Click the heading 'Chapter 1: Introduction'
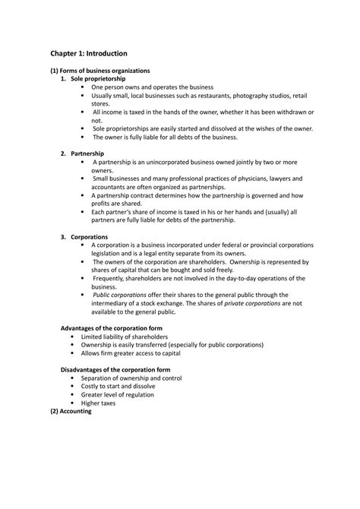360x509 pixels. pyautogui.click(x=89, y=54)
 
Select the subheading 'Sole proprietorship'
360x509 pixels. pyautogui.click(x=98, y=79)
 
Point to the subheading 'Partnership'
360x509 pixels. pyautogui.click(x=89, y=153)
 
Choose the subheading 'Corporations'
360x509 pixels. pyautogui.click(x=90, y=237)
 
